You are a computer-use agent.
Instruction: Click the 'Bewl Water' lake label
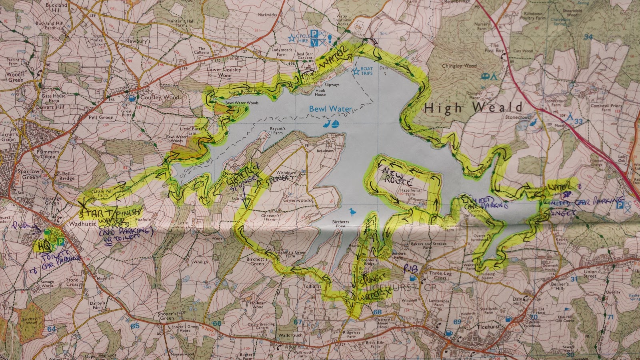click(330, 109)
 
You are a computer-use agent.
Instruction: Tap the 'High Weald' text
click(473, 107)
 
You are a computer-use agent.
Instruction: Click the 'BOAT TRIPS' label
click(366, 71)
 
